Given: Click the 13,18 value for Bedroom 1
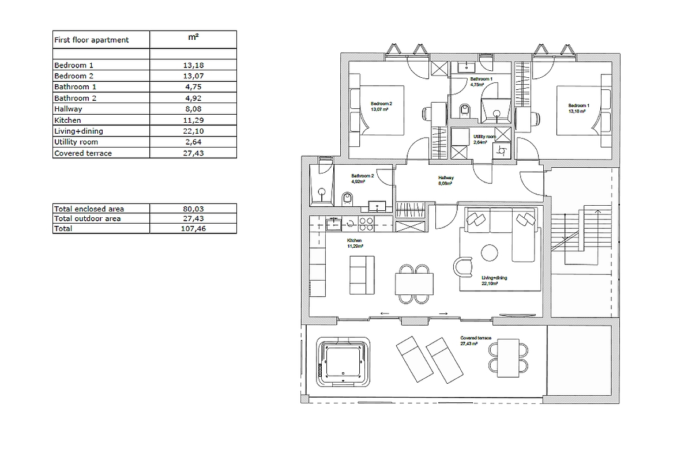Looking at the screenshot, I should pyautogui.click(x=193, y=65).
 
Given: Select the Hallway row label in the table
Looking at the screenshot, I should pyautogui.click(x=68, y=109).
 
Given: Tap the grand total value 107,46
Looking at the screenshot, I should pyautogui.click(x=193, y=229).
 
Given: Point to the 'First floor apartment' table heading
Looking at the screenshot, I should pyautogui.click(x=91, y=40).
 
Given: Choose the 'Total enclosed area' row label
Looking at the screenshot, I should pyautogui.click(x=89, y=209).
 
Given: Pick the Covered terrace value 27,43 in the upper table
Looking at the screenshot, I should pyautogui.click(x=193, y=153).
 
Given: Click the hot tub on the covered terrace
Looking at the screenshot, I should pyautogui.click(x=343, y=362).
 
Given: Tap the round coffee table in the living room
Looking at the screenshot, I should pyautogui.click(x=490, y=253).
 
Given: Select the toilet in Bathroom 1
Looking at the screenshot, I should pyautogui.click(x=465, y=110).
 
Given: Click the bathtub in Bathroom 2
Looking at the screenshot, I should pyautogui.click(x=320, y=186).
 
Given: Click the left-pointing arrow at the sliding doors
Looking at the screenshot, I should pyautogui.click(x=385, y=313).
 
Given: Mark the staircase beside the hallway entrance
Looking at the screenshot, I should pyautogui.click(x=580, y=230).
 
